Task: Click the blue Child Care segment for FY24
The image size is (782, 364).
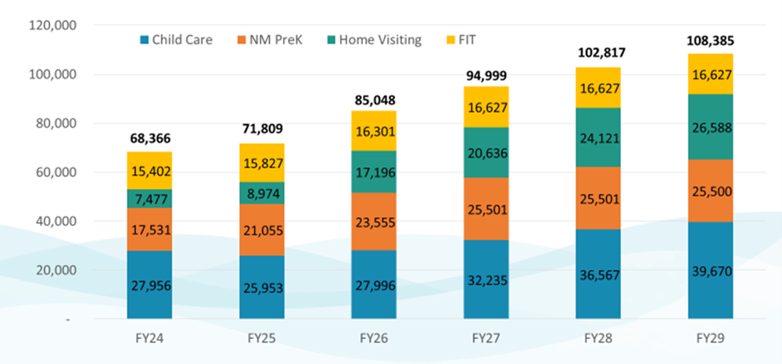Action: (150, 284)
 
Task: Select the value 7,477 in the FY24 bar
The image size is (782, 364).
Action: (150, 198)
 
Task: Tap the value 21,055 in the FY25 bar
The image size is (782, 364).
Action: (262, 230)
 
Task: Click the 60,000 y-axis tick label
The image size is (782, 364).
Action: (53, 173)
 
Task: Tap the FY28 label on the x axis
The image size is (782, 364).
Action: (598, 341)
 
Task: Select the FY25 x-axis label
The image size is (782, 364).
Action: (262, 341)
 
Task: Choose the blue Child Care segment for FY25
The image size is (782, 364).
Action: (262, 287)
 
